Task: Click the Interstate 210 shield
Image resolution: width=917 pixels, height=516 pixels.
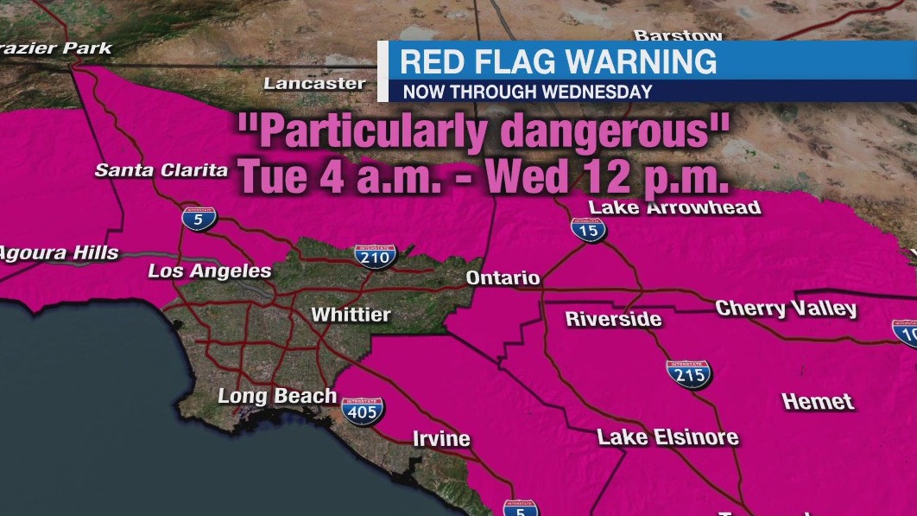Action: pos(376,255)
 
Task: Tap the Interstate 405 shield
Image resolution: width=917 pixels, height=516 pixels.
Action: pos(363,411)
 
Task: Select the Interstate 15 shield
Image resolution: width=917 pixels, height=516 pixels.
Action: pos(588,229)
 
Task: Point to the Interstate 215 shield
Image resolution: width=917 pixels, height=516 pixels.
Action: pos(688,373)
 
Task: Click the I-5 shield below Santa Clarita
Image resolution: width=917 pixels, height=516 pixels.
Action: pos(198,218)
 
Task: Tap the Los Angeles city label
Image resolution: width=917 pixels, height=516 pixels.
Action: pos(210,271)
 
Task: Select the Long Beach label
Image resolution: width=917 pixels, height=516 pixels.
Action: pos(276,397)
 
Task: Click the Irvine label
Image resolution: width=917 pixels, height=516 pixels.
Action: pos(441,439)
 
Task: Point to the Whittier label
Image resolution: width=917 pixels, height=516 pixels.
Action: pos(351,315)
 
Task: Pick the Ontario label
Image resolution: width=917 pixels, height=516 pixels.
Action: pos(503,277)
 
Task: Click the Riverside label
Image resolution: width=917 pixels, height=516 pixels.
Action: pos(613,319)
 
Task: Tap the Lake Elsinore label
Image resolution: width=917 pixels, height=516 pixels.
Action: pos(667,437)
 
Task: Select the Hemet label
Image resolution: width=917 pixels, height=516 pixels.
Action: pos(818,401)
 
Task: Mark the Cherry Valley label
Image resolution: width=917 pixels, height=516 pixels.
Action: pos(786,309)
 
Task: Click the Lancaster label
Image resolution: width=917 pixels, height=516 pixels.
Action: pos(314,84)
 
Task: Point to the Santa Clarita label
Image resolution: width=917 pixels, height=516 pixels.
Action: pos(161,170)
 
